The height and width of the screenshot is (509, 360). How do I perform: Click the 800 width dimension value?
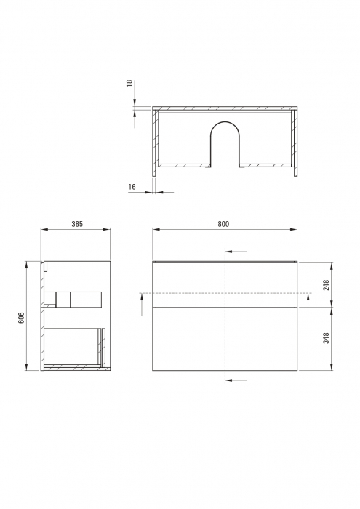pyautogui.click(x=223, y=224)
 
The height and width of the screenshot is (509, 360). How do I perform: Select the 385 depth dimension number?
pyautogui.click(x=76, y=224)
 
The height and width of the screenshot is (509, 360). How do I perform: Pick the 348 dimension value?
pyautogui.click(x=327, y=339)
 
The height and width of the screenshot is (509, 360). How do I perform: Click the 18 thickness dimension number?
pyautogui.click(x=129, y=84)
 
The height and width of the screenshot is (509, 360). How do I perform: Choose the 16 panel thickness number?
pyautogui.click(x=132, y=188)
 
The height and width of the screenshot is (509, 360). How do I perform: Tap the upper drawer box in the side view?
pyautogui.click(x=73, y=299)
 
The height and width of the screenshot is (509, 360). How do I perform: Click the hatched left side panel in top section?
pyautogui.click(x=155, y=142)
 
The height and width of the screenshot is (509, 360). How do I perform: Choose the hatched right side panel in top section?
pyautogui.click(x=295, y=142)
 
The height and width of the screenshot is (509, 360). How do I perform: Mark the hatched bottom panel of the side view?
pyautogui.click(x=73, y=369)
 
